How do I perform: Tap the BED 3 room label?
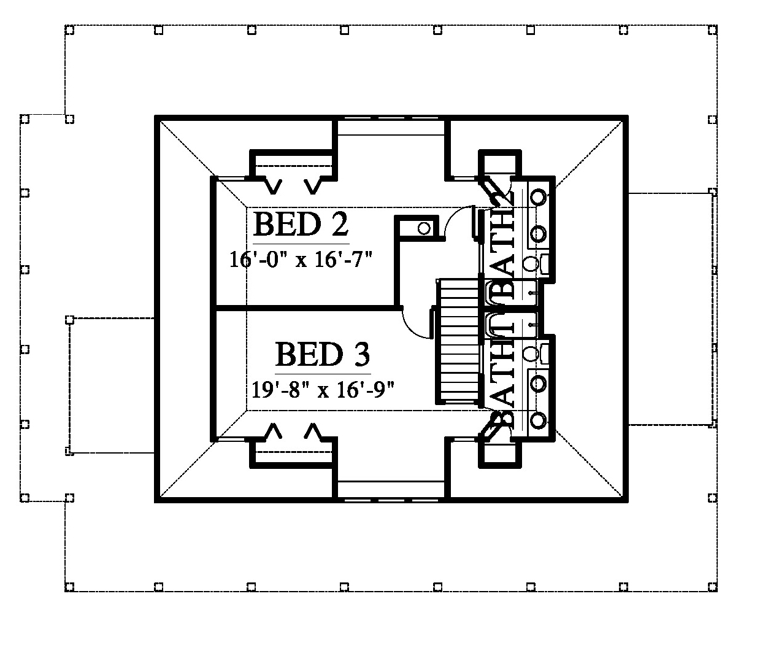coord(323,354)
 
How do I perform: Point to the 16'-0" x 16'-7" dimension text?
coord(301,260)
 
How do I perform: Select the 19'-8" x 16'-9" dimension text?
coord(323,389)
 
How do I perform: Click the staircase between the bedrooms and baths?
coord(458,341)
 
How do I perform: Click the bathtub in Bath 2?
coord(511,293)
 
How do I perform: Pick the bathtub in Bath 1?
coord(511,325)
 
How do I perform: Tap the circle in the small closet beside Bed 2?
coord(424,228)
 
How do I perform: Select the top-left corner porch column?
coord(69,30)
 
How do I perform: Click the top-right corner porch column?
coord(712,30)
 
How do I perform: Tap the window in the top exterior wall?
coord(391,118)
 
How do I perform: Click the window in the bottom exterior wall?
coord(391,500)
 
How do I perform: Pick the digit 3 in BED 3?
coord(361,354)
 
